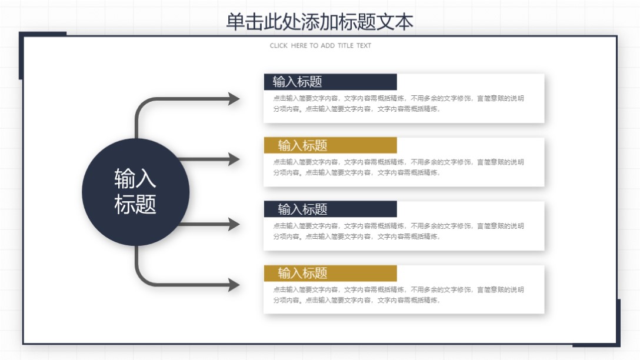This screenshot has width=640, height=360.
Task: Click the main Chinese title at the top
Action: (319, 22)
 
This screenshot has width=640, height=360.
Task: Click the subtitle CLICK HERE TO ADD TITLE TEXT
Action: (321, 45)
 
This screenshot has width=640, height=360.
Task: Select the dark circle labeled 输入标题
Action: (135, 192)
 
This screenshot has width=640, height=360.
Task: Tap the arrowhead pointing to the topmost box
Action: (234, 99)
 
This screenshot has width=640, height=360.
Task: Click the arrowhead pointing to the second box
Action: (234, 159)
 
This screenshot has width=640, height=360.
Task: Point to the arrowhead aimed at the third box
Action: (234, 224)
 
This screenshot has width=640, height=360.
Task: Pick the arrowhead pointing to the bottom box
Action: (234, 285)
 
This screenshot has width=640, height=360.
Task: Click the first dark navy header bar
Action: (331, 82)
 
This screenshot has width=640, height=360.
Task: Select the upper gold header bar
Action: (331, 145)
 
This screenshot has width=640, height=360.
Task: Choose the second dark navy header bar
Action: (331, 209)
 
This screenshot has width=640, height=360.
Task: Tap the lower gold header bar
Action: (331, 273)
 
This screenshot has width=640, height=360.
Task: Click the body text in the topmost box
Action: (398, 104)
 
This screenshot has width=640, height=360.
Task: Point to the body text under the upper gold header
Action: (398, 167)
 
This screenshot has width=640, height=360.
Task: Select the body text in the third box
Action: (398, 231)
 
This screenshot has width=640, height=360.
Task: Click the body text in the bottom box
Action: (398, 295)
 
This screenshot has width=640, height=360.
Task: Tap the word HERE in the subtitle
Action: (299, 45)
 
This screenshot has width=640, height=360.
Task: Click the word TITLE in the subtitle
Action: (345, 45)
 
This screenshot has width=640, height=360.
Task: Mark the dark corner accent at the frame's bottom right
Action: (618, 324)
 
